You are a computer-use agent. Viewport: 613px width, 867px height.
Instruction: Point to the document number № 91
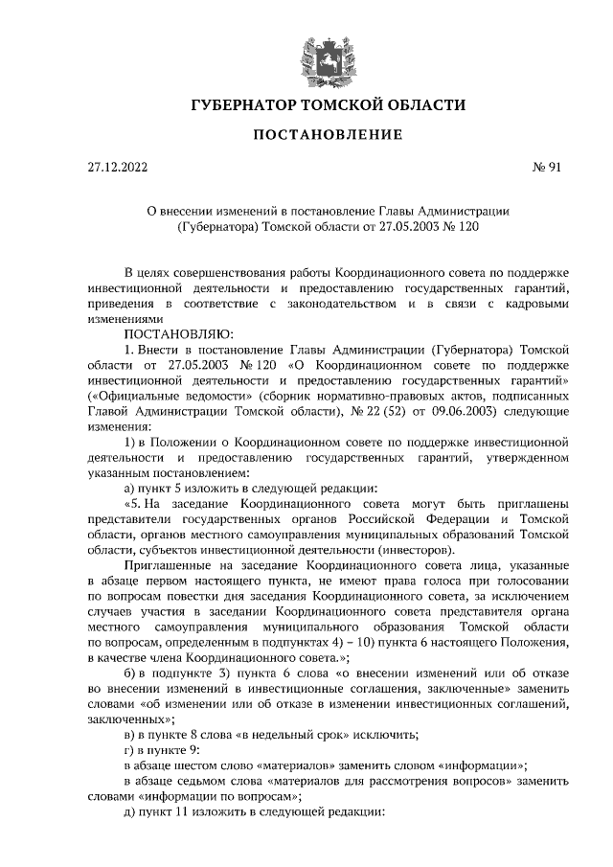[x=545, y=169]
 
